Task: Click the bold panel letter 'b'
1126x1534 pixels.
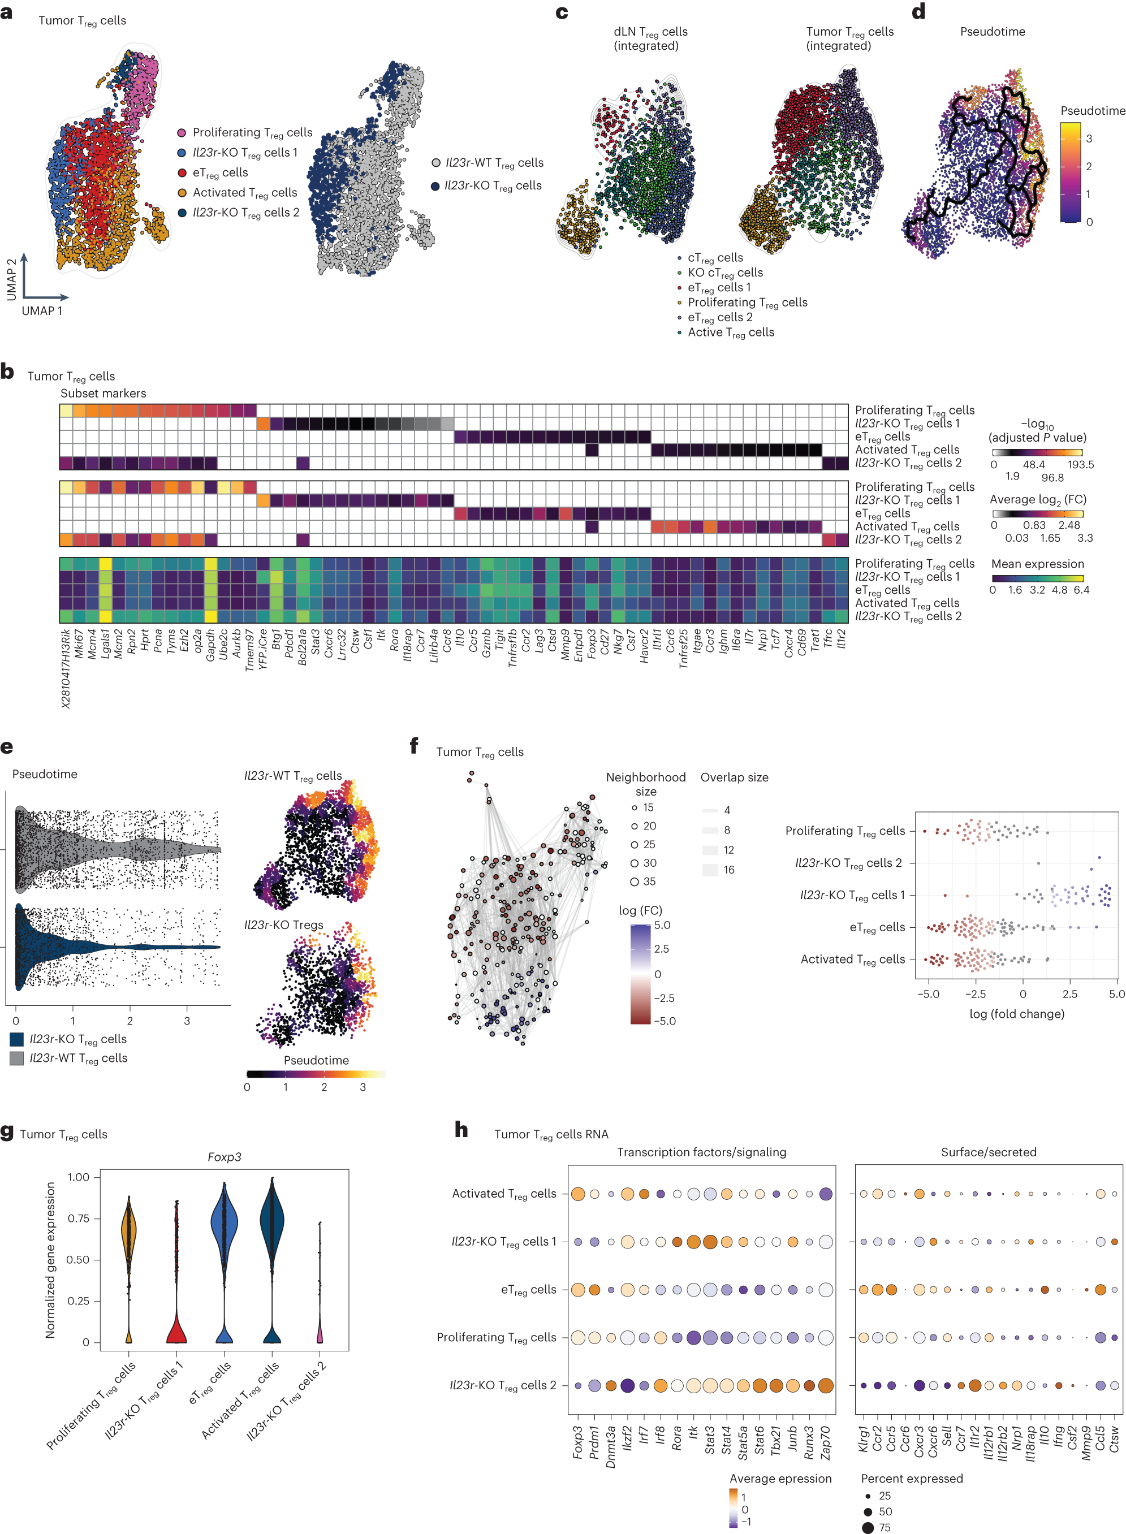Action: point(7,372)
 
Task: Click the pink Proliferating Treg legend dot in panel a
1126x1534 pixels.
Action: point(182,133)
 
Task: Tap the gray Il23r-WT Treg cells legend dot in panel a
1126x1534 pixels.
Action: point(435,163)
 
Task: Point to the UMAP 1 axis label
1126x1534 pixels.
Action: point(42,311)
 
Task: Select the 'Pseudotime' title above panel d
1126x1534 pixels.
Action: point(992,31)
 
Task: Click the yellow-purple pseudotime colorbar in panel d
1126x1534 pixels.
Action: point(1070,172)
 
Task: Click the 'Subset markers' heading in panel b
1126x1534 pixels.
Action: point(103,393)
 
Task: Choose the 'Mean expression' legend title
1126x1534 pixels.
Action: point(1037,564)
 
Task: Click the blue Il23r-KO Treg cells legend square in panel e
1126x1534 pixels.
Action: point(16,1039)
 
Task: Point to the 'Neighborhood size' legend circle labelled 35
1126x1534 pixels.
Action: point(635,882)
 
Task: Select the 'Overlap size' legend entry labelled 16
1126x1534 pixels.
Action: point(710,870)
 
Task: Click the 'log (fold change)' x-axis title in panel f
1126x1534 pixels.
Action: point(1016,1013)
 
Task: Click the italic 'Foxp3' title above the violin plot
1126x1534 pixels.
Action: point(225,1157)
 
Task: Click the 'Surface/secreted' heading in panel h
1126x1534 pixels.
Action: point(989,1152)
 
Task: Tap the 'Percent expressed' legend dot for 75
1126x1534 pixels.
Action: point(868,1527)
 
